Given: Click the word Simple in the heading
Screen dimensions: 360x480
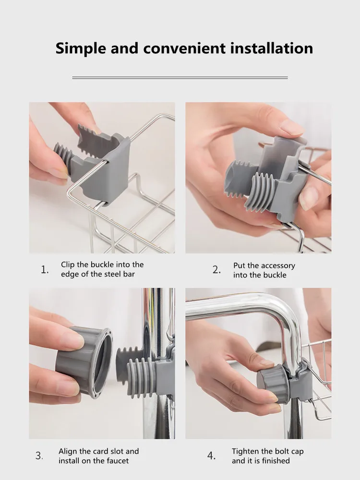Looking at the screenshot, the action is pyautogui.click(x=81, y=48).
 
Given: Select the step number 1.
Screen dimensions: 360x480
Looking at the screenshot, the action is pyautogui.click(x=45, y=270).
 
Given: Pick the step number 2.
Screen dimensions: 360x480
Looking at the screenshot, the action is pyautogui.click(x=216, y=270).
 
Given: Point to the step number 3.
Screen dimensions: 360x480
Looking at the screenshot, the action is pyautogui.click(x=39, y=456).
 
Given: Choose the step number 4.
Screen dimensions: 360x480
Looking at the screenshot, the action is pyautogui.click(x=212, y=456).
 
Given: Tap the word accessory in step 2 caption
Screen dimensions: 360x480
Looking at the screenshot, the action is pyautogui.click(x=277, y=266).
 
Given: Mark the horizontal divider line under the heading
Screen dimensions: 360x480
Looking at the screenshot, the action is pyautogui.click(x=180, y=78).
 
